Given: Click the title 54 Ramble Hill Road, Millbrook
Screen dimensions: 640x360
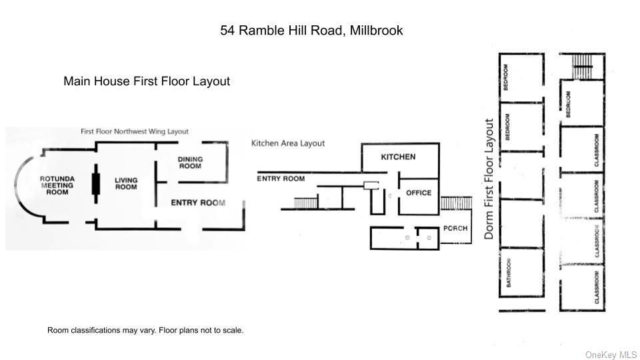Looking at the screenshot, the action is click(x=311, y=30).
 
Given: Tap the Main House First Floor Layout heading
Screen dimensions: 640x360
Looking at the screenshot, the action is click(x=147, y=81).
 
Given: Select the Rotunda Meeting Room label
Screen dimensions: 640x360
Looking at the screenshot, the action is click(x=57, y=185).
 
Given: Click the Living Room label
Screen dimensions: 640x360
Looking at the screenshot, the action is click(x=126, y=183).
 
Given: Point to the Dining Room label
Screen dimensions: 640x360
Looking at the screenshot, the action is click(x=190, y=163).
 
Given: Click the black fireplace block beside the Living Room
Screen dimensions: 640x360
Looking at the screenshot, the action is click(x=96, y=184).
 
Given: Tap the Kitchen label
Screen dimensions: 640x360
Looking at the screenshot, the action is click(x=398, y=157).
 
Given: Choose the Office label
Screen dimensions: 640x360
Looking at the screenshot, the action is click(x=419, y=193).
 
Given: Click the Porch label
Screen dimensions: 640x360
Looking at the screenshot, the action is click(x=455, y=228).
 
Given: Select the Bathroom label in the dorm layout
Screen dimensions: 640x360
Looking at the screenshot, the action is click(x=509, y=273).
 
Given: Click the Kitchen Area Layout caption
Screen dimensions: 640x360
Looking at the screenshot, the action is click(x=288, y=143).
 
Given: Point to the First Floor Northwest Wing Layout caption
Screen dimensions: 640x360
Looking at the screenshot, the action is click(x=134, y=131).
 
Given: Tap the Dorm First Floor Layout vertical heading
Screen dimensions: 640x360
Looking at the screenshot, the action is click(x=489, y=179).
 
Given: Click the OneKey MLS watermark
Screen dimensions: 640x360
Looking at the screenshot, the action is click(x=611, y=355).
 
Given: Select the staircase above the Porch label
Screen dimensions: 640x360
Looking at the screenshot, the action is click(x=456, y=203).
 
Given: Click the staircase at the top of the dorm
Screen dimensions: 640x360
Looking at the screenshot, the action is click(x=582, y=66).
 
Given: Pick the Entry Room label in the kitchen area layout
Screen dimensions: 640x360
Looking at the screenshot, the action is click(x=281, y=179).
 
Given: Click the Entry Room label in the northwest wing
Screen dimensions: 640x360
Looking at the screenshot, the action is click(x=198, y=203).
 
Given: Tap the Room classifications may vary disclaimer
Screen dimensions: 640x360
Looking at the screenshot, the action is click(x=145, y=330).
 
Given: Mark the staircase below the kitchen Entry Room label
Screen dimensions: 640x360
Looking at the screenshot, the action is click(x=306, y=203).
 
